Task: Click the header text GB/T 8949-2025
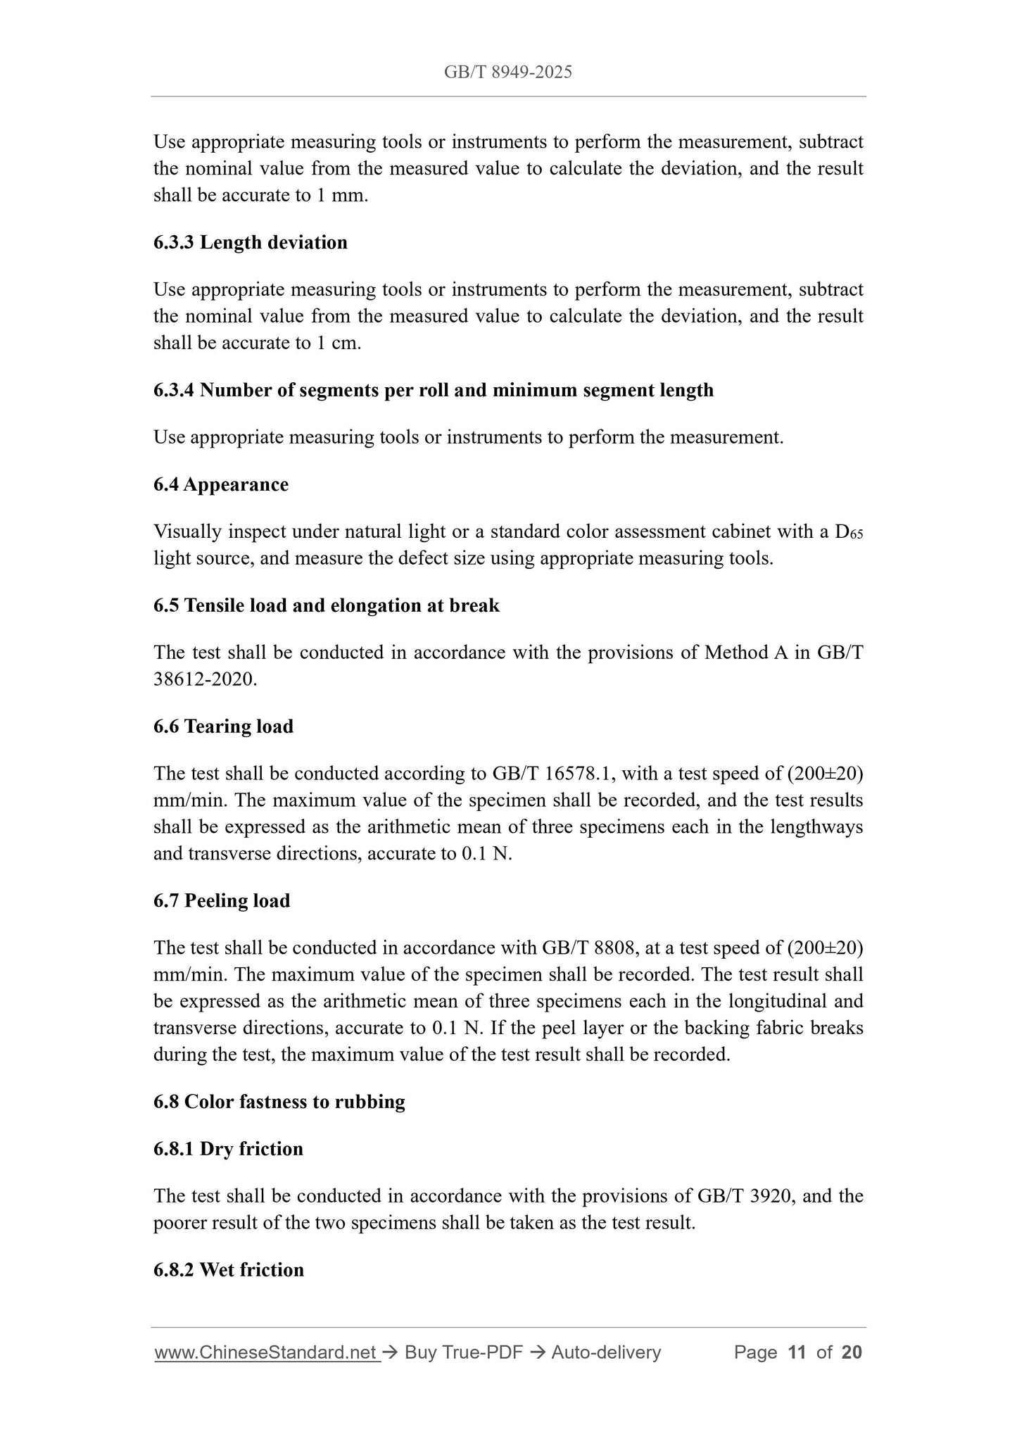tap(507, 72)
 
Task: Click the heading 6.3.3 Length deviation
tap(250, 242)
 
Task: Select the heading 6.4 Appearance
tap(220, 484)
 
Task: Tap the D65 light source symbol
tap(848, 532)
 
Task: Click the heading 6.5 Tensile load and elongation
tap(326, 605)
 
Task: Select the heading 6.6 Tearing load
tap(223, 727)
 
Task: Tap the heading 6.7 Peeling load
tap(222, 900)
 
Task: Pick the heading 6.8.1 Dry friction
tap(228, 1148)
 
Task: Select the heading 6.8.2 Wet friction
tap(229, 1269)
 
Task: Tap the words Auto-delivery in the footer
tap(606, 1352)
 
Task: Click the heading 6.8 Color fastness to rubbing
tap(279, 1101)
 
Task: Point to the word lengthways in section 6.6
tap(816, 827)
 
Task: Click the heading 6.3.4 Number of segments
tap(433, 390)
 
